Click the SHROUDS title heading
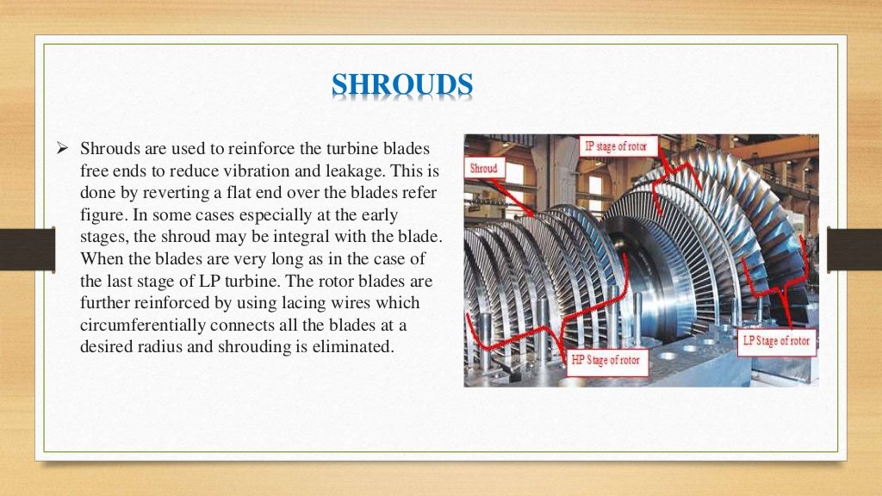(x=402, y=86)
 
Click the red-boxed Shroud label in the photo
(x=484, y=168)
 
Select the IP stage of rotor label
(x=618, y=146)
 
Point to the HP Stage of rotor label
(x=606, y=360)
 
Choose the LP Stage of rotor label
(x=776, y=341)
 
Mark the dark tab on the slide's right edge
(x=854, y=248)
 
